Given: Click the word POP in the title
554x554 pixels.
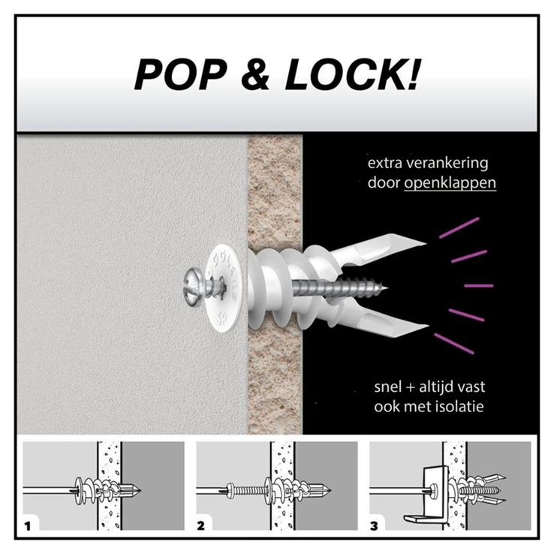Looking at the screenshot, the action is click(x=180, y=74).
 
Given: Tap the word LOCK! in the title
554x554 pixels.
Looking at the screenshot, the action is click(x=352, y=74).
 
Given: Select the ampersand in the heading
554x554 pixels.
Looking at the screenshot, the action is click(x=255, y=74).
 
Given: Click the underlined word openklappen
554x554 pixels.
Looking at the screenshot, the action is click(x=450, y=183).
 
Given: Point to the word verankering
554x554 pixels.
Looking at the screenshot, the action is click(x=447, y=163).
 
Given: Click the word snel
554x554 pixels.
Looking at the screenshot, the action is click(x=388, y=387).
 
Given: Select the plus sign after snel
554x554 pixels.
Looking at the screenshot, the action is click(x=410, y=387).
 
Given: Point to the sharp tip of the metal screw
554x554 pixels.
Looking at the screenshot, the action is click(x=388, y=288).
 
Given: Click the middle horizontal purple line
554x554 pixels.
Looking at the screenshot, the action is click(x=478, y=285).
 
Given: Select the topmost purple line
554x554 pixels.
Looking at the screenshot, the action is click(x=459, y=228).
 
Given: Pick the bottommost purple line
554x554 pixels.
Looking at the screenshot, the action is click(x=453, y=343).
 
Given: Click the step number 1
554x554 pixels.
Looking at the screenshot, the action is click(x=28, y=526).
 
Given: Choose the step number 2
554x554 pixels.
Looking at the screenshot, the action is click(x=200, y=526).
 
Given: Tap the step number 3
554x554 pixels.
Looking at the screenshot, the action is click(x=374, y=526).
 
